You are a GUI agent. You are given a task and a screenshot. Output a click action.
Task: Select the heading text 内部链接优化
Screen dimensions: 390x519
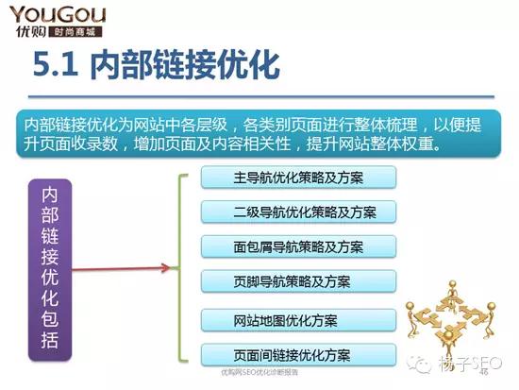click(x=184, y=67)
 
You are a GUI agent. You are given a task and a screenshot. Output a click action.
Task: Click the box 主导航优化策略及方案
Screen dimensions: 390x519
click(x=298, y=177)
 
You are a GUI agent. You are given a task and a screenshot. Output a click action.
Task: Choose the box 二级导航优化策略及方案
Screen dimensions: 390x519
click(x=298, y=212)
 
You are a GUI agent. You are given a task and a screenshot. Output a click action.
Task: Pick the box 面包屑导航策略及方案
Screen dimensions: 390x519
click(x=298, y=246)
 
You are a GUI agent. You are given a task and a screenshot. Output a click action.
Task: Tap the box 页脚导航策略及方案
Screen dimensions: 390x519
click(x=298, y=280)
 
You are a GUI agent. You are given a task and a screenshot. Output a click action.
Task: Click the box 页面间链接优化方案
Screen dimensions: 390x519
click(x=298, y=355)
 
